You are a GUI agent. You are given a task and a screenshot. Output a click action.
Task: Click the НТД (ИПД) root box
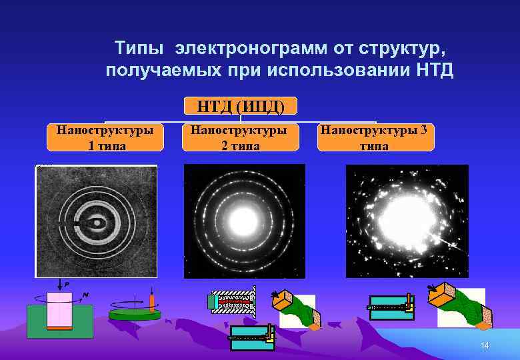240,106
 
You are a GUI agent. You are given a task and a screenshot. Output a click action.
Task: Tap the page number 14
485,345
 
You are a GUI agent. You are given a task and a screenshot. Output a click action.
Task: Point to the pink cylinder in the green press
59,311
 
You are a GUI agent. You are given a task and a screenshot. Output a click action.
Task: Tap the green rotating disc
135,314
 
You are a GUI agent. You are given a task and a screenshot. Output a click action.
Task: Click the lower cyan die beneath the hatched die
252,337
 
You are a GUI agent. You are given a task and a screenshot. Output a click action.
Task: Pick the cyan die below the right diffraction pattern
391,307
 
